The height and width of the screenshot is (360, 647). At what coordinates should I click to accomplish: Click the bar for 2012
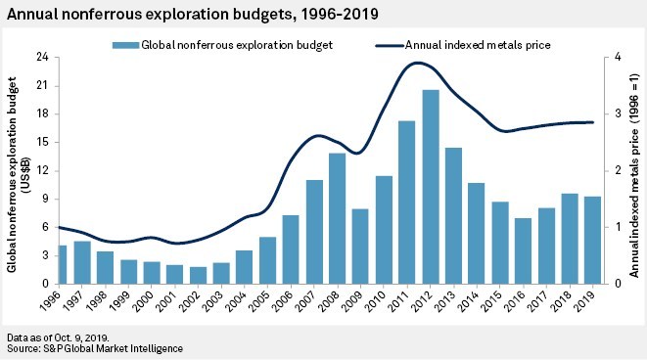(430, 186)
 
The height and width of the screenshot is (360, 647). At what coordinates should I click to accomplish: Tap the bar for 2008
(337, 218)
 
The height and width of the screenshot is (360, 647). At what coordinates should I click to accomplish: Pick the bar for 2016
(523, 250)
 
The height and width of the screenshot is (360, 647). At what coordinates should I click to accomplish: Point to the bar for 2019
(592, 240)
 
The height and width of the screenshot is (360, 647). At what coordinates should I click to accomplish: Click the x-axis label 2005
(265, 298)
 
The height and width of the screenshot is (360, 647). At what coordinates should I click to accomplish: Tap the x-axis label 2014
(475, 298)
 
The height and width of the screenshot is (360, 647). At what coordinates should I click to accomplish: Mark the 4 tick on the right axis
(614, 58)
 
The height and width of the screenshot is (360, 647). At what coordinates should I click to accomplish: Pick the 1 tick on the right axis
(614, 227)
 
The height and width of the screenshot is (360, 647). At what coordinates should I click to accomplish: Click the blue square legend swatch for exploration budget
(121, 44)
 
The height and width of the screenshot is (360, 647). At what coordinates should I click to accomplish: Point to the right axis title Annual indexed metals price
(635, 171)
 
